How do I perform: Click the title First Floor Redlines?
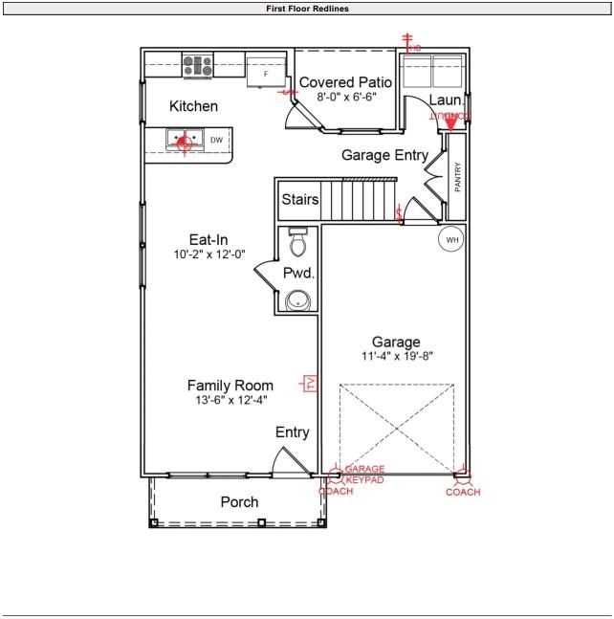pyautogui.click(x=307, y=8)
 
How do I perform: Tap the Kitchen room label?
pyautogui.click(x=193, y=106)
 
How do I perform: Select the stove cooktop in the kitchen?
pyautogui.click(x=197, y=66)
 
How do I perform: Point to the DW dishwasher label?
pyautogui.click(x=216, y=141)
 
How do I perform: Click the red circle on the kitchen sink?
pyautogui.click(x=184, y=141)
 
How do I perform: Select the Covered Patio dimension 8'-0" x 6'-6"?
pyautogui.click(x=340, y=97)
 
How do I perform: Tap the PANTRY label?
pyautogui.click(x=457, y=176)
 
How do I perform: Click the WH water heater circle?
pyautogui.click(x=450, y=239)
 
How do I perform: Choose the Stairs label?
pyautogui.click(x=299, y=200)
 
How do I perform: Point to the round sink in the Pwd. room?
pyautogui.click(x=298, y=300)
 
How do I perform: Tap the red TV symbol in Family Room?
pyautogui.click(x=310, y=384)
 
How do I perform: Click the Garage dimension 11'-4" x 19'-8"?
pyautogui.click(x=396, y=356)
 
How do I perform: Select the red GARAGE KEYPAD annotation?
pyautogui.click(x=364, y=475)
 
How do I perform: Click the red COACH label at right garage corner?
pyautogui.click(x=463, y=492)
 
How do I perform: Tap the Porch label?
pyautogui.click(x=239, y=501)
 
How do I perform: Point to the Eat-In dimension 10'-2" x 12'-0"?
pyautogui.click(x=208, y=254)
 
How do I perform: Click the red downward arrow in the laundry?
pyautogui.click(x=450, y=124)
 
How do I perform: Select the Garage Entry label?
pyautogui.click(x=385, y=155)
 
